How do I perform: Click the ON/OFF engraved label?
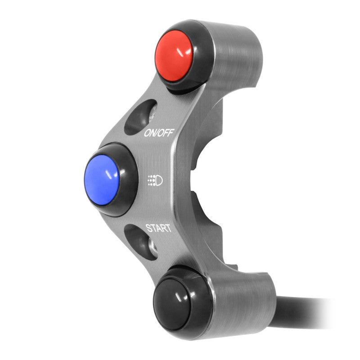[x=158, y=132]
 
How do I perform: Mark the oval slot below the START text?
[x=141, y=242]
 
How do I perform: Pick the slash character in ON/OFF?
[x=160, y=132]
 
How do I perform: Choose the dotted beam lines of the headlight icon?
[x=152, y=181]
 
